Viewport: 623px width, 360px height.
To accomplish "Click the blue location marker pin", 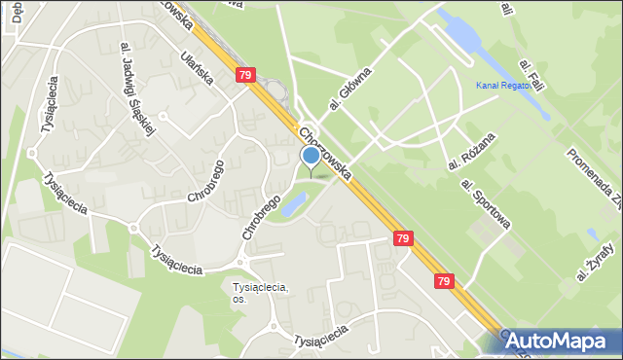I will [311, 157].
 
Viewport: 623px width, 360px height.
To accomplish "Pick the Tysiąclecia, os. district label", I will [262, 292].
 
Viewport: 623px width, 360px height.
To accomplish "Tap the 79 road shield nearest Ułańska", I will [246, 74].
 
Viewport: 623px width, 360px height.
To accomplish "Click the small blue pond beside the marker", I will [295, 203].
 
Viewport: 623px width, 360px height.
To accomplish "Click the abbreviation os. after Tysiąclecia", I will [239, 299].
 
